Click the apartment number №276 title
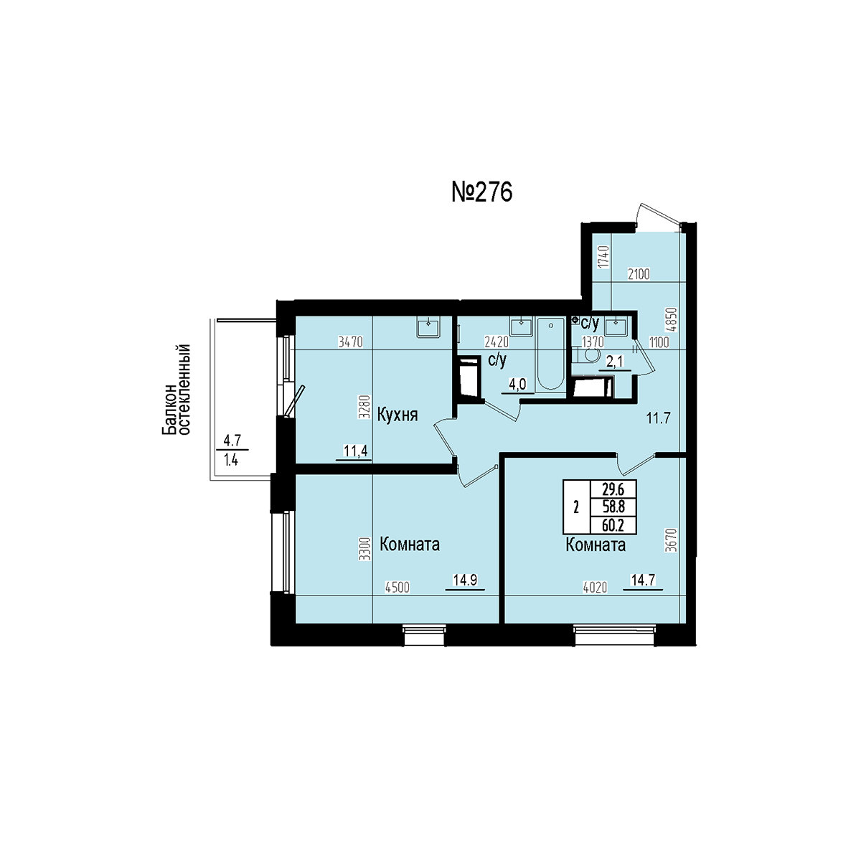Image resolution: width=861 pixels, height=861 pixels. coord(481,193)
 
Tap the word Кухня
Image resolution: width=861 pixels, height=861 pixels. coord(397,415)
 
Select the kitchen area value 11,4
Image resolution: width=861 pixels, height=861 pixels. coord(355,451)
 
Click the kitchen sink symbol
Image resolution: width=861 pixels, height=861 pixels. coord(428,326)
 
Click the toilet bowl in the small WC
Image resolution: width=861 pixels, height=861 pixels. coord(588,356)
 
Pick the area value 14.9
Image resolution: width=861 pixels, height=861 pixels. coord(465,580)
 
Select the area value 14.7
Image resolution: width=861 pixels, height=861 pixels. coord(642,580)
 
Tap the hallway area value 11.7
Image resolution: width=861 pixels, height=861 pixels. coord(659,418)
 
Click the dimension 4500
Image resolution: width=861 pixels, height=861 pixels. coord(397,588)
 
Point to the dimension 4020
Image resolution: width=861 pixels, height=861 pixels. coord(595,588)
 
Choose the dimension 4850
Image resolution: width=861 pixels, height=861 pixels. coord(672,320)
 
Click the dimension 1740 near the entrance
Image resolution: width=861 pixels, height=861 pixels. coord(603,257)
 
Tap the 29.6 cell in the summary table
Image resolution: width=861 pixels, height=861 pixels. coord(613,490)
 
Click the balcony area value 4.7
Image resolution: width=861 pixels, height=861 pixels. coord(232,441)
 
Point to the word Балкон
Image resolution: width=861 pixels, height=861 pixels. coord(169,409)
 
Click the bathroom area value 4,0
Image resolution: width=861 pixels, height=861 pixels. coord(517,385)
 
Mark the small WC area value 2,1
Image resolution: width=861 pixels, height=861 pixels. coord(615,362)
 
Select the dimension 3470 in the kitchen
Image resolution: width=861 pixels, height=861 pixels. coord(351,342)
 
